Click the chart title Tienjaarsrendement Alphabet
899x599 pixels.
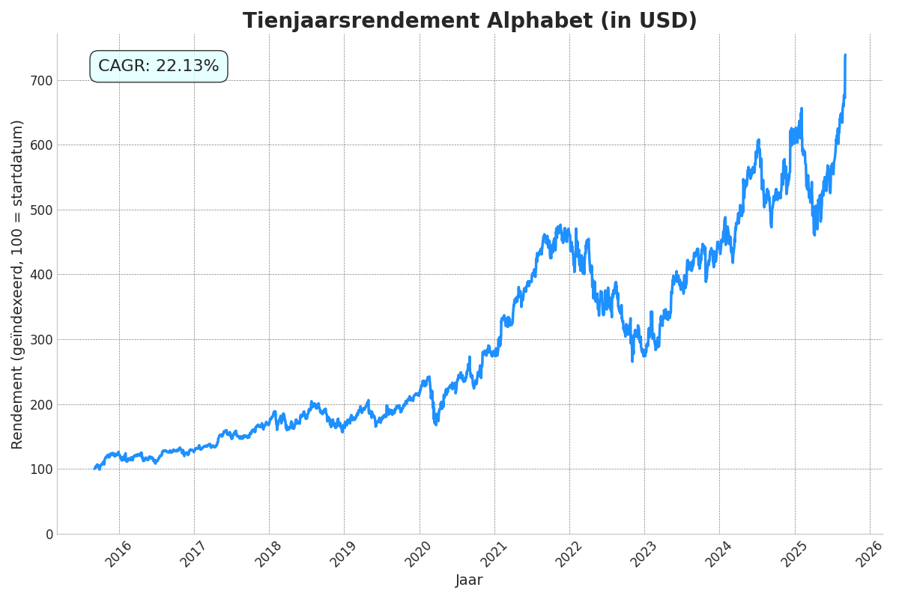470,21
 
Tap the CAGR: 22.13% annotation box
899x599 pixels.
159,67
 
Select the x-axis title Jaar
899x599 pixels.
469,580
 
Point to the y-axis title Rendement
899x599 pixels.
18,285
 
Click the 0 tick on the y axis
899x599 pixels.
49,534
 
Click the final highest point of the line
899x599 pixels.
845,55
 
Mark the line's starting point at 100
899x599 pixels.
94,469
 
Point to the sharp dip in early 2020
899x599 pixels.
435,424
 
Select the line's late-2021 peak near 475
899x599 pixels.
560,225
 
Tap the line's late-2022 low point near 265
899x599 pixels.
632,362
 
